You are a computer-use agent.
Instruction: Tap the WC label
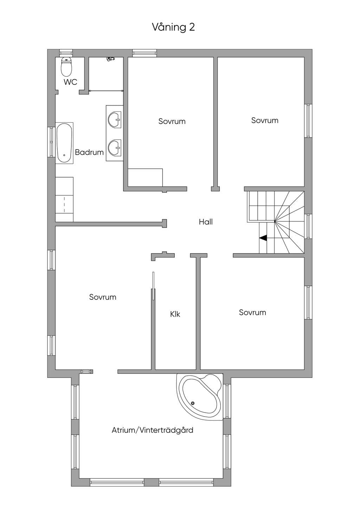[70, 82]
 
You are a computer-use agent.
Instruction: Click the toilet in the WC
[66, 66]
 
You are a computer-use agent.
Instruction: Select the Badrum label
[89, 152]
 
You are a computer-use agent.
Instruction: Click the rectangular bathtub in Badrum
[64, 143]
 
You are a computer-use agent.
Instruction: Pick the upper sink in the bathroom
[115, 119]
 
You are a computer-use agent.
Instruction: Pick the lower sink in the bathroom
[115, 148]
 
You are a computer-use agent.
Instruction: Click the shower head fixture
[110, 59]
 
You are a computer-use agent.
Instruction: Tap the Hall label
[206, 222]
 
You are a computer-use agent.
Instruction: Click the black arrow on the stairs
[263, 238]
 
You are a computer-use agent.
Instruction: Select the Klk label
[175, 314]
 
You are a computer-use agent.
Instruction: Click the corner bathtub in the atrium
[199, 397]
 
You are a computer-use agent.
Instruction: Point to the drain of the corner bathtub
[193, 403]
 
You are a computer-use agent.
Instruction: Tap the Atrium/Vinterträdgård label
[153, 430]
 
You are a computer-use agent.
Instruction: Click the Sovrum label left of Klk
[103, 297]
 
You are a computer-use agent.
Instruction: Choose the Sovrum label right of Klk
[252, 313]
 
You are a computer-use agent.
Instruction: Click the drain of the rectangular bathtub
[64, 155]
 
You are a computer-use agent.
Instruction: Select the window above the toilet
[66, 53]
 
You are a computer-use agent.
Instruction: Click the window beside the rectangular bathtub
[51, 142]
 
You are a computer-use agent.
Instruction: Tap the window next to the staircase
[308, 226]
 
